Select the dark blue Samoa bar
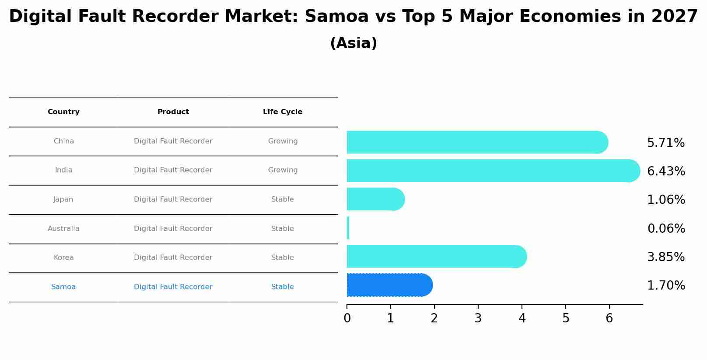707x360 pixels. click(389, 285)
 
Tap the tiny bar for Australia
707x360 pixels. click(348, 228)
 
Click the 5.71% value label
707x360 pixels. click(665, 143)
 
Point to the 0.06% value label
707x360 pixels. click(666, 229)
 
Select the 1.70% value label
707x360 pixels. click(666, 286)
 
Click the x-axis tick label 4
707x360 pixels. click(521, 318)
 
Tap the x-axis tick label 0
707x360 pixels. click(347, 318)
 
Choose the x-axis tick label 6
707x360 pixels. click(609, 318)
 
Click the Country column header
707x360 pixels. click(63, 112)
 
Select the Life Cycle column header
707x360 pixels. click(283, 112)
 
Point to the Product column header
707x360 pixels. click(173, 112)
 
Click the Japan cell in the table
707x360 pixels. click(63, 199)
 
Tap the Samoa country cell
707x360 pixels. click(63, 287)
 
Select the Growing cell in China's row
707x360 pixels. click(283, 141)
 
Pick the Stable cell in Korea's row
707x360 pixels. click(283, 258)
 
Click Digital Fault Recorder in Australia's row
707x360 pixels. click(173, 229)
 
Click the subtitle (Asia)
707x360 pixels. click(353, 43)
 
